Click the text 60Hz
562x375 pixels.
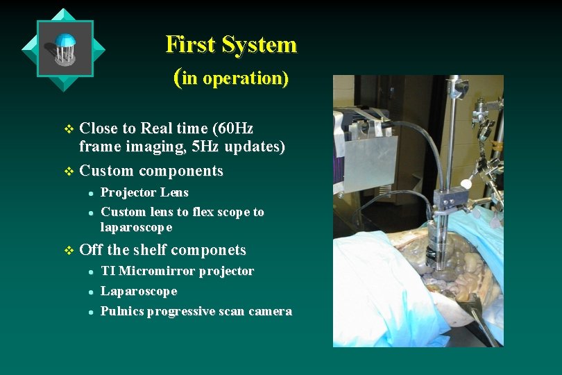coord(235,128)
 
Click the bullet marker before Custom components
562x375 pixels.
coord(67,171)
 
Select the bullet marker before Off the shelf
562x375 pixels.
coord(67,250)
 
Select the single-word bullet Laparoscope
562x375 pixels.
coord(139,291)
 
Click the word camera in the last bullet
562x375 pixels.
coord(269,311)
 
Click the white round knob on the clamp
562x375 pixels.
coord(466,185)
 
